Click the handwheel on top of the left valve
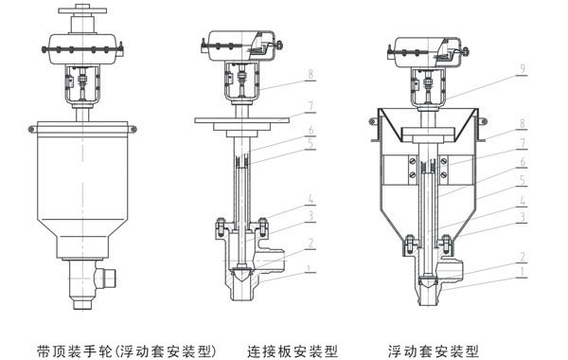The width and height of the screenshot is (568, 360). tap(82, 9)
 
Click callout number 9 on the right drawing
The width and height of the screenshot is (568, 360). tap(523, 69)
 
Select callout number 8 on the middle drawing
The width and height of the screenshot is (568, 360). tap(311, 74)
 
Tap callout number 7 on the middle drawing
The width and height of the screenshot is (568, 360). tap(311, 107)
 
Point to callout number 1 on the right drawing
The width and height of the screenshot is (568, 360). tap(522, 272)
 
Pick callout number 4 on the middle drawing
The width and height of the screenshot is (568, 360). tap(311, 199)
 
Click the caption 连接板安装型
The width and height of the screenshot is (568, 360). tap(293, 351)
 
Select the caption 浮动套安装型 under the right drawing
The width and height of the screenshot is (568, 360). tap(434, 351)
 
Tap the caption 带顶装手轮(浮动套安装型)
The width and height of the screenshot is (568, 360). tap(127, 351)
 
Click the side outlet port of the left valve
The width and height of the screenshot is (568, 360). tap(108, 279)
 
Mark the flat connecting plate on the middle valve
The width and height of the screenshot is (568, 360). tap(241, 120)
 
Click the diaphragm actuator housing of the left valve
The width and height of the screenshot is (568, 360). tap(82, 49)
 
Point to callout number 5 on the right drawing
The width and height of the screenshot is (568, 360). tap(522, 180)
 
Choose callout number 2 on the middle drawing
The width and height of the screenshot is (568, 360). tap(311, 243)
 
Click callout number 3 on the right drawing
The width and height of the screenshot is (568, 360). tap(522, 218)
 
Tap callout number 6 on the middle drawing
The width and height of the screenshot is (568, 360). tap(311, 130)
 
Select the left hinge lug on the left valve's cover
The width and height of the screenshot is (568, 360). tap(31, 129)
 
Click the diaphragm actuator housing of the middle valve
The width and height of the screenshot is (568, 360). tap(240, 45)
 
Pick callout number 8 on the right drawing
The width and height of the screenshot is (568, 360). tap(522, 123)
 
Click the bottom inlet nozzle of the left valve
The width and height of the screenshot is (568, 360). tap(82, 303)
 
